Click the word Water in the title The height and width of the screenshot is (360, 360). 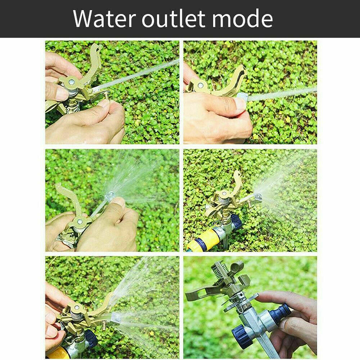pyautogui.click(x=104, y=19)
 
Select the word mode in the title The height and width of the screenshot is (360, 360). pyautogui.click(x=242, y=18)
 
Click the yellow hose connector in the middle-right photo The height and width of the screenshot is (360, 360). pyautogui.click(x=204, y=240)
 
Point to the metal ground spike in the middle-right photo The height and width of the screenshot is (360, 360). pyautogui.click(x=226, y=242)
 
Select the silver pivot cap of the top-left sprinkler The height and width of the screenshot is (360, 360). pyautogui.click(x=72, y=81)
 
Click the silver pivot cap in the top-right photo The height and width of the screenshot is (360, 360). pyautogui.click(x=200, y=85)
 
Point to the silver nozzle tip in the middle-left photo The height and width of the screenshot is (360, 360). pyautogui.click(x=110, y=196)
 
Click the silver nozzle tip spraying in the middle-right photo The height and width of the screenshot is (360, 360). pyautogui.click(x=258, y=197)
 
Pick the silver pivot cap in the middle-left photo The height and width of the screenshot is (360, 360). pyautogui.click(x=80, y=222)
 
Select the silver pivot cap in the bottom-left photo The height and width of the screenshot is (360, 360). pyautogui.click(x=76, y=307)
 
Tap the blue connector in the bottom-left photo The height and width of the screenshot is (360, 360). pyautogui.click(x=91, y=339)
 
